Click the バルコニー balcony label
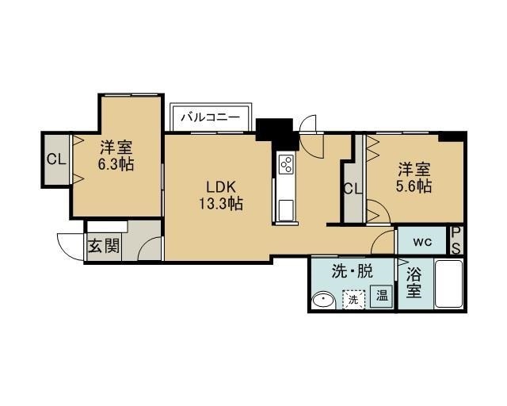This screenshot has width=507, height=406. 211,117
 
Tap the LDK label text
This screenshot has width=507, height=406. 220,187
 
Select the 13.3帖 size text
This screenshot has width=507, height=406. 220,204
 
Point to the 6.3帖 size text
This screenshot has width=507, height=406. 116,164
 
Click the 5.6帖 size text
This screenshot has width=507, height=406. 414,186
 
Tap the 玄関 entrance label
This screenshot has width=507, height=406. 104,246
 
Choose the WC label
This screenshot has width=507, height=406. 422,242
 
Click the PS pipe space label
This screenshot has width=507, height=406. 456,240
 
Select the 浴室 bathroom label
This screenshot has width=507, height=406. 414,284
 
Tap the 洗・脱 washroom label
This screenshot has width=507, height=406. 353,271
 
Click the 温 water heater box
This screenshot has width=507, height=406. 382,295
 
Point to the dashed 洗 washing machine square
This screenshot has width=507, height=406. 353,300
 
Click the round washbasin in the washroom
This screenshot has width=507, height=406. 324,300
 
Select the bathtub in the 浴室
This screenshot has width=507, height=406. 449,284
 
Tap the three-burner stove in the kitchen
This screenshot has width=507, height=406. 287,164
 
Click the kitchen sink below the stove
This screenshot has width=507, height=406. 286,210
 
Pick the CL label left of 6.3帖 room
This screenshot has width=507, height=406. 56,159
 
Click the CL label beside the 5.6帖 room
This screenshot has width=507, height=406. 353,189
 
